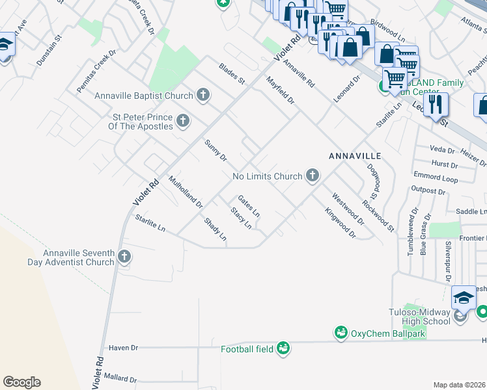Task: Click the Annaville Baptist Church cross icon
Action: (x=202, y=96)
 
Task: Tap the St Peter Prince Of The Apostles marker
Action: (x=183, y=120)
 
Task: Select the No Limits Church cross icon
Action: (x=313, y=175)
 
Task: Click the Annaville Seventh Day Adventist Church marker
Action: (x=125, y=257)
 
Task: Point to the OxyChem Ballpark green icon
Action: (x=340, y=333)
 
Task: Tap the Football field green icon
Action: (x=283, y=348)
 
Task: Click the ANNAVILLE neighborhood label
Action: (x=354, y=157)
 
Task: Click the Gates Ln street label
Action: (x=249, y=206)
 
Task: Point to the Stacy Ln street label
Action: (x=242, y=218)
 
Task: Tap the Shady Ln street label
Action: (x=215, y=230)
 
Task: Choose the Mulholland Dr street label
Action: (x=186, y=192)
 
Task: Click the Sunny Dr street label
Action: (x=216, y=150)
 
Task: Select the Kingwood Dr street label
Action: (x=342, y=222)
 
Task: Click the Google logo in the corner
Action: (x=21, y=382)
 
